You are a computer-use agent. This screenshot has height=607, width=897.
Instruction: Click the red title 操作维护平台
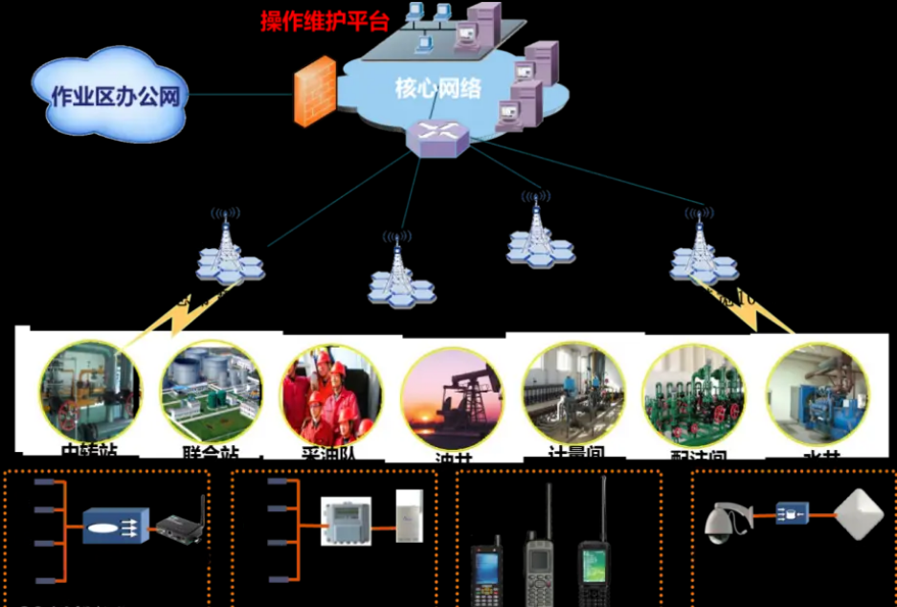[325, 21]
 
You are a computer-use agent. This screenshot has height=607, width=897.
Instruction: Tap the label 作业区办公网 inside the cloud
[116, 97]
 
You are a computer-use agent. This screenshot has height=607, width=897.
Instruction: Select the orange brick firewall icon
[314, 92]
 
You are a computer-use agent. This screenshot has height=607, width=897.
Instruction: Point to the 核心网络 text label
[438, 89]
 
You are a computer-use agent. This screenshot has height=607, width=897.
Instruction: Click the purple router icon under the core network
[437, 138]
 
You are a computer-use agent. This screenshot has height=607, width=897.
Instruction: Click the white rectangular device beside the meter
[409, 516]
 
